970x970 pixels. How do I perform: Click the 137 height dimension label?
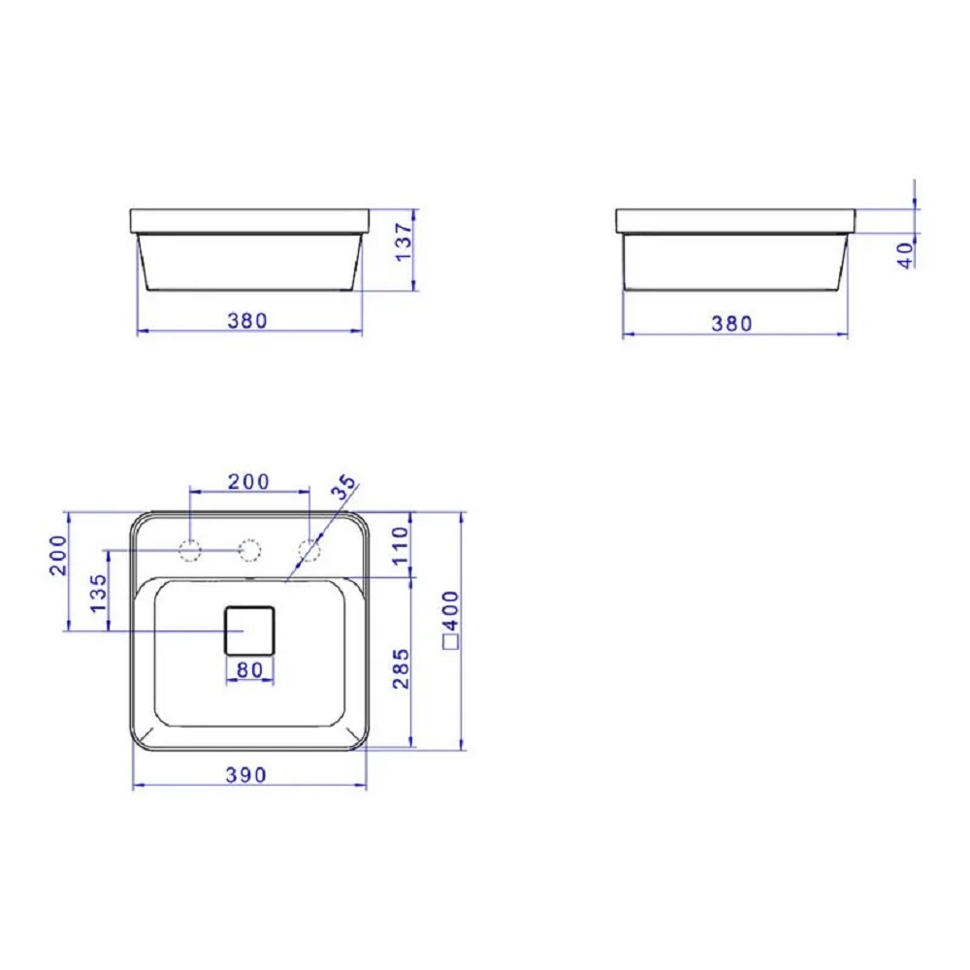click(x=404, y=242)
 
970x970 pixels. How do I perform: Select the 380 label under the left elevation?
click(x=247, y=320)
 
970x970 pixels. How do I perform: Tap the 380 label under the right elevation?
click(x=731, y=324)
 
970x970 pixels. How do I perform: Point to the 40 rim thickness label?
click(x=906, y=255)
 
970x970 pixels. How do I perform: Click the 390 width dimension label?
click(x=246, y=774)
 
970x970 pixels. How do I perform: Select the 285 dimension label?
click(x=401, y=668)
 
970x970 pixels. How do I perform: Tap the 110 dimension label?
click(x=401, y=544)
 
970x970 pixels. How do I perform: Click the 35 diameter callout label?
click(x=344, y=487)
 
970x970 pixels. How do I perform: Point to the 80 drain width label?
click(x=249, y=669)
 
